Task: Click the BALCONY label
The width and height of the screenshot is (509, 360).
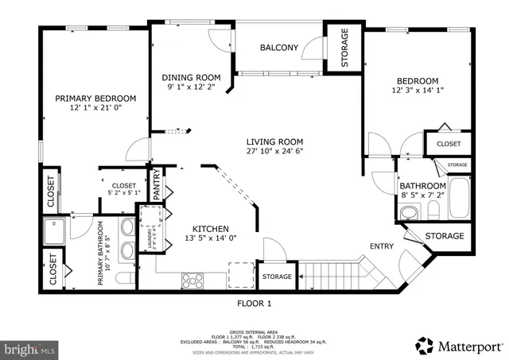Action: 279,48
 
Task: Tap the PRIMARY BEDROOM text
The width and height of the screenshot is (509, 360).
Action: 95,99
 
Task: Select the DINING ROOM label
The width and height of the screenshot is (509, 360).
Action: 189,78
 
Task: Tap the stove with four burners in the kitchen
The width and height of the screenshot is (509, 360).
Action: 192,280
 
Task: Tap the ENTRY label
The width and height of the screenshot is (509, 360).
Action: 382,246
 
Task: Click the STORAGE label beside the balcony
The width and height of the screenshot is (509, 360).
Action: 344,49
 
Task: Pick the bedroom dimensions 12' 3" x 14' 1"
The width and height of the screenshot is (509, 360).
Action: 417,91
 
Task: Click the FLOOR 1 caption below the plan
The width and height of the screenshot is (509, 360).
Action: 254,303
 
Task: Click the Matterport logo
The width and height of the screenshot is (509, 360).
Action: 460,346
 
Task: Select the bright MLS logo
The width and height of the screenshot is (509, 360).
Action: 29,348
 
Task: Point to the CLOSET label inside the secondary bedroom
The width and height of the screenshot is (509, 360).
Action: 449,144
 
